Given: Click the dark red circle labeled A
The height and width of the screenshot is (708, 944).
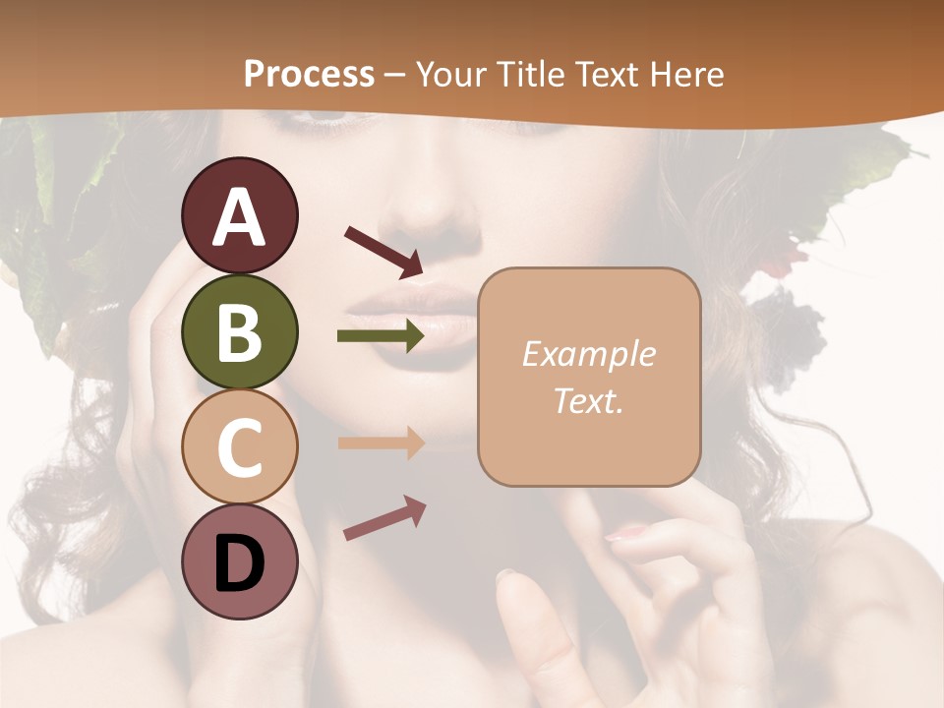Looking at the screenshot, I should pyautogui.click(x=239, y=215).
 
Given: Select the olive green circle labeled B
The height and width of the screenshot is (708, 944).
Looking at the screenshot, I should pyautogui.click(x=239, y=331).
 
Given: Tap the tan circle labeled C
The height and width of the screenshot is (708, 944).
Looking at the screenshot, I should pyautogui.click(x=239, y=446).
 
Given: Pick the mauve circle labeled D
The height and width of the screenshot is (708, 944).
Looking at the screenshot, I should pyautogui.click(x=239, y=561).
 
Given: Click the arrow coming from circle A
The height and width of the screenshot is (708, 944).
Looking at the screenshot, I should pyautogui.click(x=383, y=252).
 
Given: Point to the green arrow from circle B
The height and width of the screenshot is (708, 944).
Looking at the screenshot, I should pyautogui.click(x=381, y=336).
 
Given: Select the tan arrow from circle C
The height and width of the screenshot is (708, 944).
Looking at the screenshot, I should pyautogui.click(x=381, y=443).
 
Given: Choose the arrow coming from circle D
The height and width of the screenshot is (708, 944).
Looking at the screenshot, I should pyautogui.click(x=384, y=518).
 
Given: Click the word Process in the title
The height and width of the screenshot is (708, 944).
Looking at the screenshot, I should pyautogui.click(x=309, y=74).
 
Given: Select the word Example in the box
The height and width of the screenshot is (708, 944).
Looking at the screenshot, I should pyautogui.click(x=588, y=354).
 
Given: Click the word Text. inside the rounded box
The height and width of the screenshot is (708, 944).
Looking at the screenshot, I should pyautogui.click(x=588, y=400).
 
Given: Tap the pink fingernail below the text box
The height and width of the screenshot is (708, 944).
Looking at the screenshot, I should pyautogui.click(x=626, y=533).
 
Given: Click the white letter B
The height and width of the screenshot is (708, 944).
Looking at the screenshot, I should pyautogui.click(x=239, y=332).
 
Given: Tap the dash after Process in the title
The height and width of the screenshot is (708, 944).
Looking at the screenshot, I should pyautogui.click(x=394, y=76).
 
